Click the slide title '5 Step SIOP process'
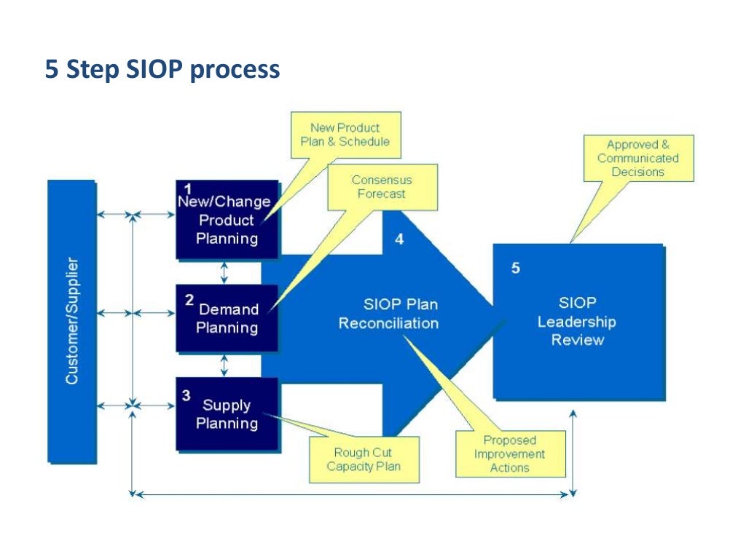click(x=162, y=70)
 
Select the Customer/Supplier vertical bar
click(x=71, y=321)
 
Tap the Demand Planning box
click(x=227, y=318)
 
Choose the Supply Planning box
click(x=227, y=414)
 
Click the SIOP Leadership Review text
click(x=578, y=322)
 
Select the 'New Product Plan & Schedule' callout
click(x=345, y=135)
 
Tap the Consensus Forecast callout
click(x=382, y=187)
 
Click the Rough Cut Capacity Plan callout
click(x=364, y=459)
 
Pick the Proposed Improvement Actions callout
click(x=510, y=454)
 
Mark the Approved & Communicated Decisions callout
click(x=638, y=158)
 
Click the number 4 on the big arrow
click(x=399, y=239)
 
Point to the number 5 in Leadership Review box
click(x=516, y=268)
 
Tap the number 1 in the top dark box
click(x=188, y=189)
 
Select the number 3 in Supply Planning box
click(x=186, y=395)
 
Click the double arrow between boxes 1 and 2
click(x=224, y=271)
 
